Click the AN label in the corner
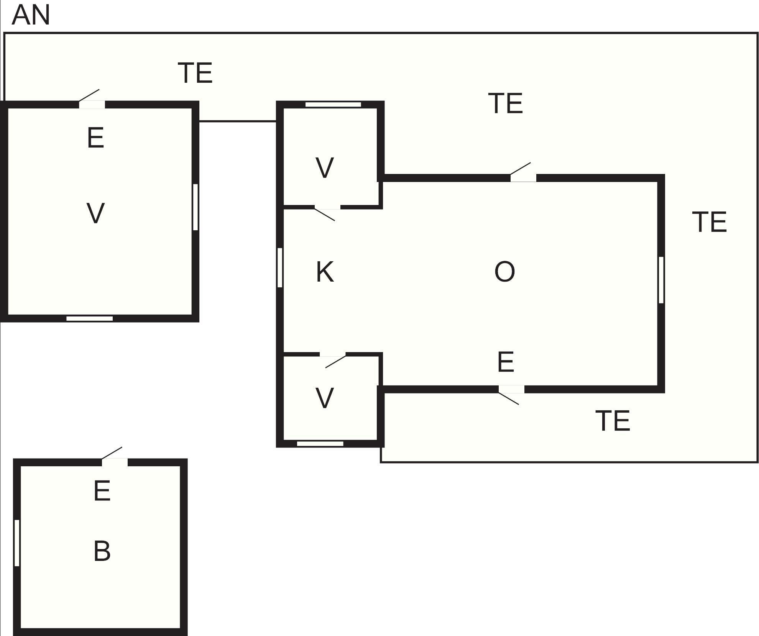click(31, 15)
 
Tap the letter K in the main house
click(325, 272)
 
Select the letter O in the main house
click(504, 272)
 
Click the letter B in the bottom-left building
click(102, 551)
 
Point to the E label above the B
click(102, 491)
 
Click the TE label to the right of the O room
click(710, 222)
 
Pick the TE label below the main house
click(613, 421)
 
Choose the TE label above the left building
click(195, 73)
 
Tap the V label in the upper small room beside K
click(325, 168)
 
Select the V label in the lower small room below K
click(325, 398)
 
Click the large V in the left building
click(95, 213)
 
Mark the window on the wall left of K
click(280, 267)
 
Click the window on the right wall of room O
click(661, 280)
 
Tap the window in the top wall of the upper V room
click(333, 105)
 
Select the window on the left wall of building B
click(17, 543)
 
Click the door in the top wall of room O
click(523, 177)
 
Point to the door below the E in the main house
click(511, 390)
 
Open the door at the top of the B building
click(115, 462)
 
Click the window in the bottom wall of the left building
click(89, 319)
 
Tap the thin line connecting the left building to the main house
click(238, 121)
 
